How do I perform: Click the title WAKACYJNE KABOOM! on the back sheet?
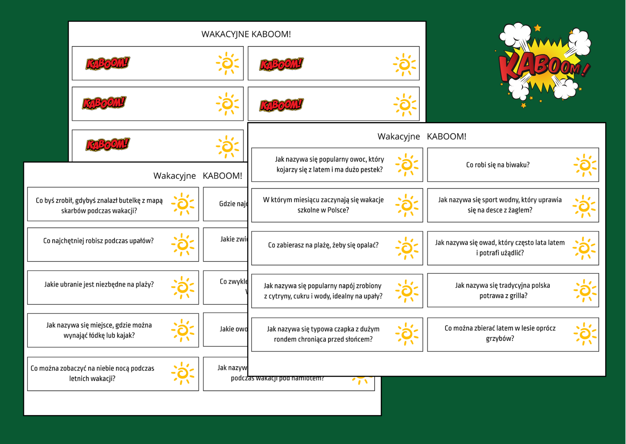(246, 34)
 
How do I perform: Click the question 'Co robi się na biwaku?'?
(497, 165)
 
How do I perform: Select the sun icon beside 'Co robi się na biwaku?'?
(584, 165)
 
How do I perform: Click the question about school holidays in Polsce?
(323, 205)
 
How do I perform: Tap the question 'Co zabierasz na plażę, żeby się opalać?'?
(323, 245)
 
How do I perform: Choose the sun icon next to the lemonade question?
(406, 291)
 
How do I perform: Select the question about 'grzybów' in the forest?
(500, 333)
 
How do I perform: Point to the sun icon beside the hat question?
(406, 334)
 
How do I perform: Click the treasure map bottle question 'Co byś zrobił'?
(99, 206)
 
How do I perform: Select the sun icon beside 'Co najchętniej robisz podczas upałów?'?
(183, 245)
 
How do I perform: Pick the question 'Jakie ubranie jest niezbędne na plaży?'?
(99, 284)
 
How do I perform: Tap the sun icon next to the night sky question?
(183, 373)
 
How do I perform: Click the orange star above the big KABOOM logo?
(538, 28)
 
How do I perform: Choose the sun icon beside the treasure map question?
(183, 204)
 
